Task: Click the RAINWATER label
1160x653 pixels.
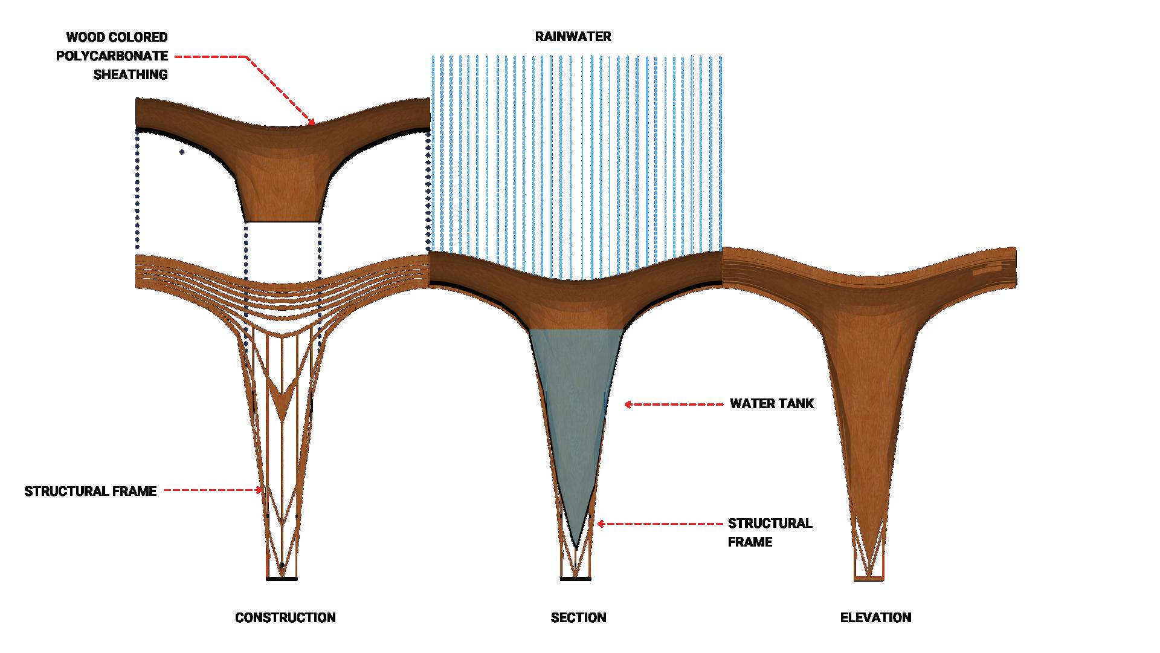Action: (x=573, y=37)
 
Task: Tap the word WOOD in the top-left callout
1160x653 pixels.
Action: (x=84, y=37)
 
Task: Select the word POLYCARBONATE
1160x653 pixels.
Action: (x=112, y=56)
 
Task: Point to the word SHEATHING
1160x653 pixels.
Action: (x=130, y=75)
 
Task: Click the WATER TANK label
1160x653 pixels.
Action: (x=772, y=404)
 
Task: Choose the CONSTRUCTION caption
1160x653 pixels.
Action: (x=285, y=618)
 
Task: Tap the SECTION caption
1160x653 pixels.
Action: (x=578, y=618)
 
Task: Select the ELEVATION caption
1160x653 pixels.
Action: (x=875, y=618)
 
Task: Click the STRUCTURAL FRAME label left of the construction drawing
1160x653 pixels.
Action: (x=91, y=491)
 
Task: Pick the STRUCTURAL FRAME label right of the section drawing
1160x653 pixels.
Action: (x=770, y=532)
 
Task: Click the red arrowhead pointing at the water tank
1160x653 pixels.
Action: (x=628, y=404)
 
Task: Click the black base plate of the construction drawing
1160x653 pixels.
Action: (x=282, y=579)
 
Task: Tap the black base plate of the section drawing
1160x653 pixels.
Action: (x=575, y=579)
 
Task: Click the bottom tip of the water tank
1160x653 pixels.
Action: (x=576, y=547)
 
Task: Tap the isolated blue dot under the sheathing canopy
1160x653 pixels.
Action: (x=182, y=152)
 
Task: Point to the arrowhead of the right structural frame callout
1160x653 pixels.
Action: (x=601, y=524)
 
